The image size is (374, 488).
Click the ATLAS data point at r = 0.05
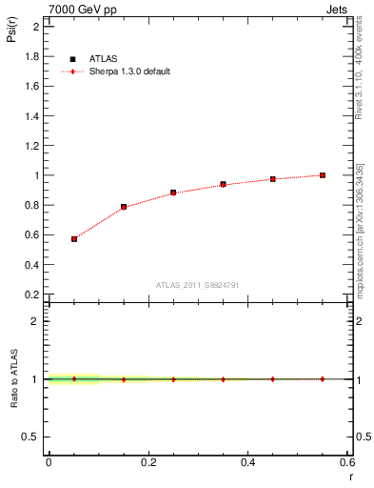pyautogui.click(x=73, y=239)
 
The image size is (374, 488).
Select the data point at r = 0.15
pyautogui.click(x=124, y=207)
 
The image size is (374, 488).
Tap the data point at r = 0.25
pyautogui.click(x=173, y=193)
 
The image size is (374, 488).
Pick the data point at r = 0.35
pyautogui.click(x=223, y=184)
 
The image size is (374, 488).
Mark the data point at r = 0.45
pyautogui.click(x=273, y=179)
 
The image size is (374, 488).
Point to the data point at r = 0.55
pyautogui.click(x=323, y=175)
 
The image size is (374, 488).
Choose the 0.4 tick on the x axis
pyautogui.click(x=247, y=462)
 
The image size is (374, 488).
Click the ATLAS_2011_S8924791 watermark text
pyautogui.click(x=198, y=284)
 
